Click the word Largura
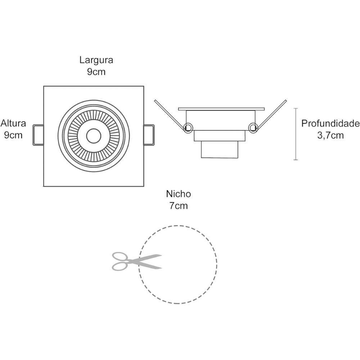pos(96,60)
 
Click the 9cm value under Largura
pos(96,72)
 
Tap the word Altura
pos(13,123)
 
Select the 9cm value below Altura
pos(13,135)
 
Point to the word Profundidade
pos(330,124)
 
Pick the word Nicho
pos(178,194)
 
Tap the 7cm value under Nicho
pos(178,206)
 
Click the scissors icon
pos(136,261)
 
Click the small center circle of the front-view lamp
pos(94,136)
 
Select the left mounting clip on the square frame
pos(38,135)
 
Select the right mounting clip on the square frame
pos(149,135)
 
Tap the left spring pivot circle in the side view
pos(188,127)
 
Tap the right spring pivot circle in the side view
pos(253,127)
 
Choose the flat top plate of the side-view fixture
pos(221,109)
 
